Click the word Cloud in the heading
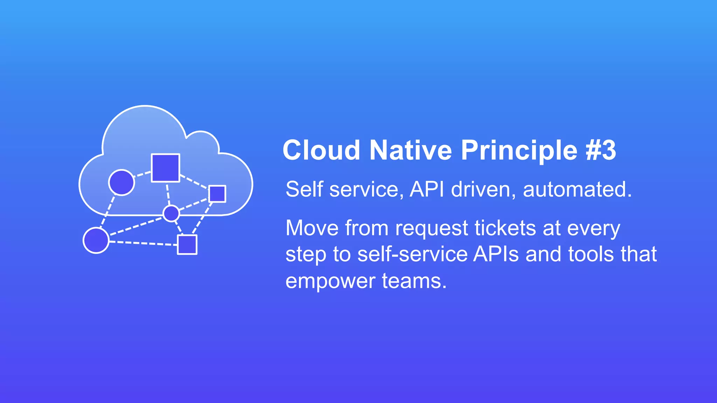click(x=321, y=150)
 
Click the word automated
click(x=577, y=190)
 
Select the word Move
click(x=312, y=228)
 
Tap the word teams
click(x=414, y=281)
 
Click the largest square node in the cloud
click(x=165, y=168)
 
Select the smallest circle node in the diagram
click(x=171, y=213)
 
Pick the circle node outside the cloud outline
click(x=96, y=240)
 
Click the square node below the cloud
click(x=187, y=245)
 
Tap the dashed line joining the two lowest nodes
click(x=142, y=243)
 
